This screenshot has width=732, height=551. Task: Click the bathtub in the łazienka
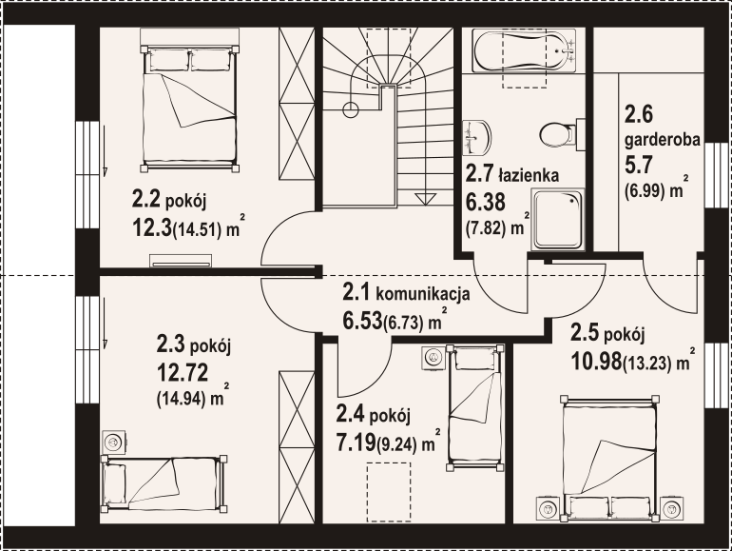pos(524,50)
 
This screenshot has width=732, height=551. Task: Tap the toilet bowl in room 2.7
pos(557,134)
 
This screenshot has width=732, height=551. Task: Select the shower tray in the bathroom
pos(557,219)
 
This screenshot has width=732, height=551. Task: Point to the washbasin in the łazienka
pos(476,138)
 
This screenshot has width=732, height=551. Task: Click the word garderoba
pos(663,139)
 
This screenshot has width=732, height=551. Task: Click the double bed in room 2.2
pos(189,108)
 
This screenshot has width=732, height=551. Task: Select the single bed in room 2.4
pos(475,407)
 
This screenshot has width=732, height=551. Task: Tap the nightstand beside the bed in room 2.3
pos(114,442)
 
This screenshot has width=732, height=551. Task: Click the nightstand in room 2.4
pos(433,358)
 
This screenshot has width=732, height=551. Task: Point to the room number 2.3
pos(171,345)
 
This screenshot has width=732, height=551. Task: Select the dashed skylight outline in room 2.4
pos(389,492)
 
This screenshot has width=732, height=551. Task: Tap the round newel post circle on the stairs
pos(351,109)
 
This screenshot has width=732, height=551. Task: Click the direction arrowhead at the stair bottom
pos(425,200)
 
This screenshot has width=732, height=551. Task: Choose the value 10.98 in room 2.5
pos(596,360)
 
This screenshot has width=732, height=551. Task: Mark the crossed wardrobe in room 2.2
pos(297,104)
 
